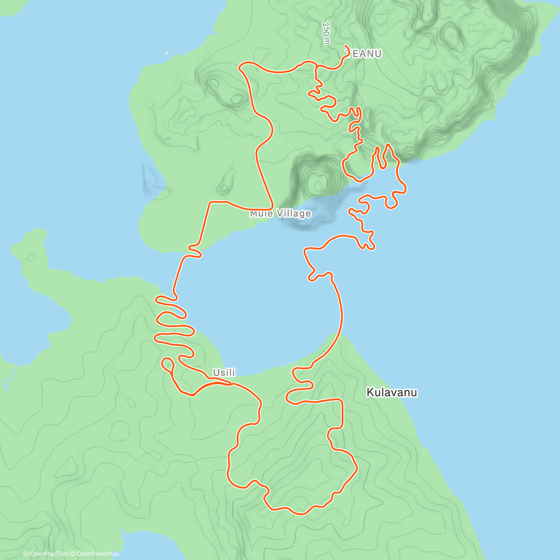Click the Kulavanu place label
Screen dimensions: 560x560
coord(392,392)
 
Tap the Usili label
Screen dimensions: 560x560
coord(224,372)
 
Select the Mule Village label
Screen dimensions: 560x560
coord(280,214)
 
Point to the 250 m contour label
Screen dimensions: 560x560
coord(326,33)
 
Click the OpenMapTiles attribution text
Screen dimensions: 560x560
coord(46,554)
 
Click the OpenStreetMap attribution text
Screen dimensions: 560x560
coord(95,554)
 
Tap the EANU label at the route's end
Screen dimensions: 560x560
coord(366,54)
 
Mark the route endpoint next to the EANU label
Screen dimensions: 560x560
coord(346,46)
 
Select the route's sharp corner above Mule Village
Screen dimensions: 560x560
coord(272,208)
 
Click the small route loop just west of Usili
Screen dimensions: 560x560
coord(168,364)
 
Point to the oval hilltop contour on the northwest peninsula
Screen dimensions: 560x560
coord(237,99)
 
